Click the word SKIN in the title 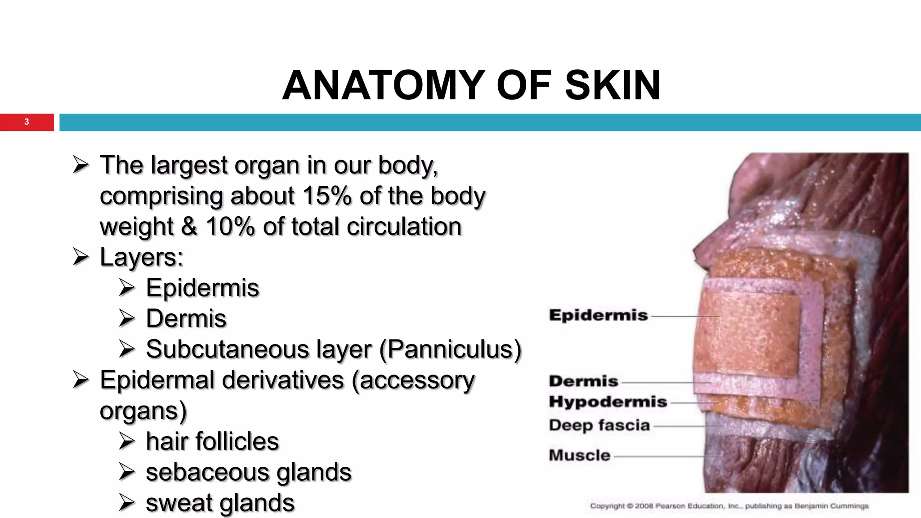(613, 85)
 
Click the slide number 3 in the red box (27, 122)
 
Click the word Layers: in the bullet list (142, 257)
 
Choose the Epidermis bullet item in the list (202, 288)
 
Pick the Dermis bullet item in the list (186, 319)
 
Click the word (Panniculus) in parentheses (450, 349)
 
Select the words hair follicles (212, 442)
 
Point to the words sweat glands (220, 503)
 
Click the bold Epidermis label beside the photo (598, 315)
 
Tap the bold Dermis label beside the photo (583, 381)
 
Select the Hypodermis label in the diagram (608, 402)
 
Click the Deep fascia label (599, 425)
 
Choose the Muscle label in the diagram (579, 455)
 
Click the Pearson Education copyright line (729, 506)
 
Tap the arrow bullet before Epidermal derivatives (81, 380)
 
